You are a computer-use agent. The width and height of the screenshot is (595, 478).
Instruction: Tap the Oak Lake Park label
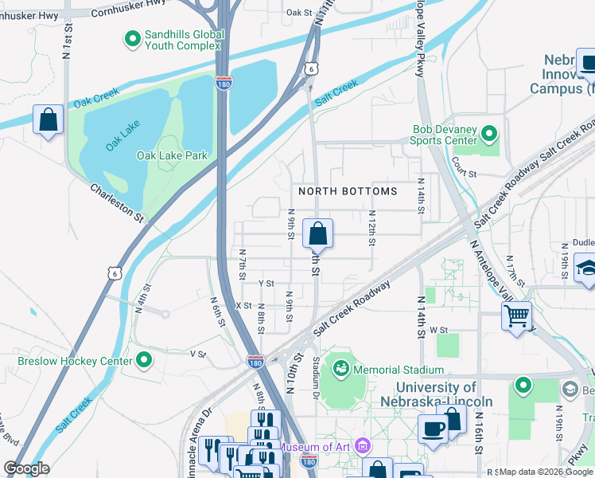172,155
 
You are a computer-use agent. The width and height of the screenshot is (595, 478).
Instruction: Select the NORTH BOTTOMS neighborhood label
347,191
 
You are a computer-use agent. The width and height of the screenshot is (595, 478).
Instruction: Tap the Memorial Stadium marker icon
340,369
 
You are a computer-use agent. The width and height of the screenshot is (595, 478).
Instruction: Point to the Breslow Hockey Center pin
144,361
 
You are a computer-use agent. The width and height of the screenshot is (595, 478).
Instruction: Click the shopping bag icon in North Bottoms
317,233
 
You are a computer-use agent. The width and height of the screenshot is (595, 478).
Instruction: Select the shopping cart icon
516,316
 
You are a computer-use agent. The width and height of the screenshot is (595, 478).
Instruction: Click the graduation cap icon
586,268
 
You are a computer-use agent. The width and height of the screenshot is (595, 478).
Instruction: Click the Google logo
27,468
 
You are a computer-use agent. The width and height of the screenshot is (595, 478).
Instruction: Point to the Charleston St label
116,203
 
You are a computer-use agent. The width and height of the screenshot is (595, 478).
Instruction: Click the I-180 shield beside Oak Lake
224,82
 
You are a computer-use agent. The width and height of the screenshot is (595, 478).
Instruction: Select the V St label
198,354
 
